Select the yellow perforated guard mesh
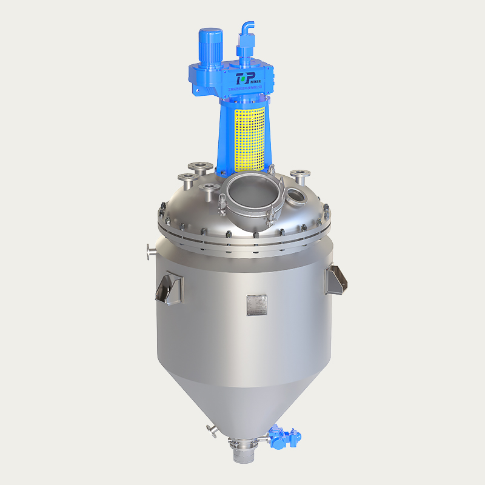(250, 137)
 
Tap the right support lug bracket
(336, 280)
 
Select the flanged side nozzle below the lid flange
(150, 250)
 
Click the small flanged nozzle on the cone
(212, 430)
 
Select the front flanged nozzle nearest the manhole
(208, 187)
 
